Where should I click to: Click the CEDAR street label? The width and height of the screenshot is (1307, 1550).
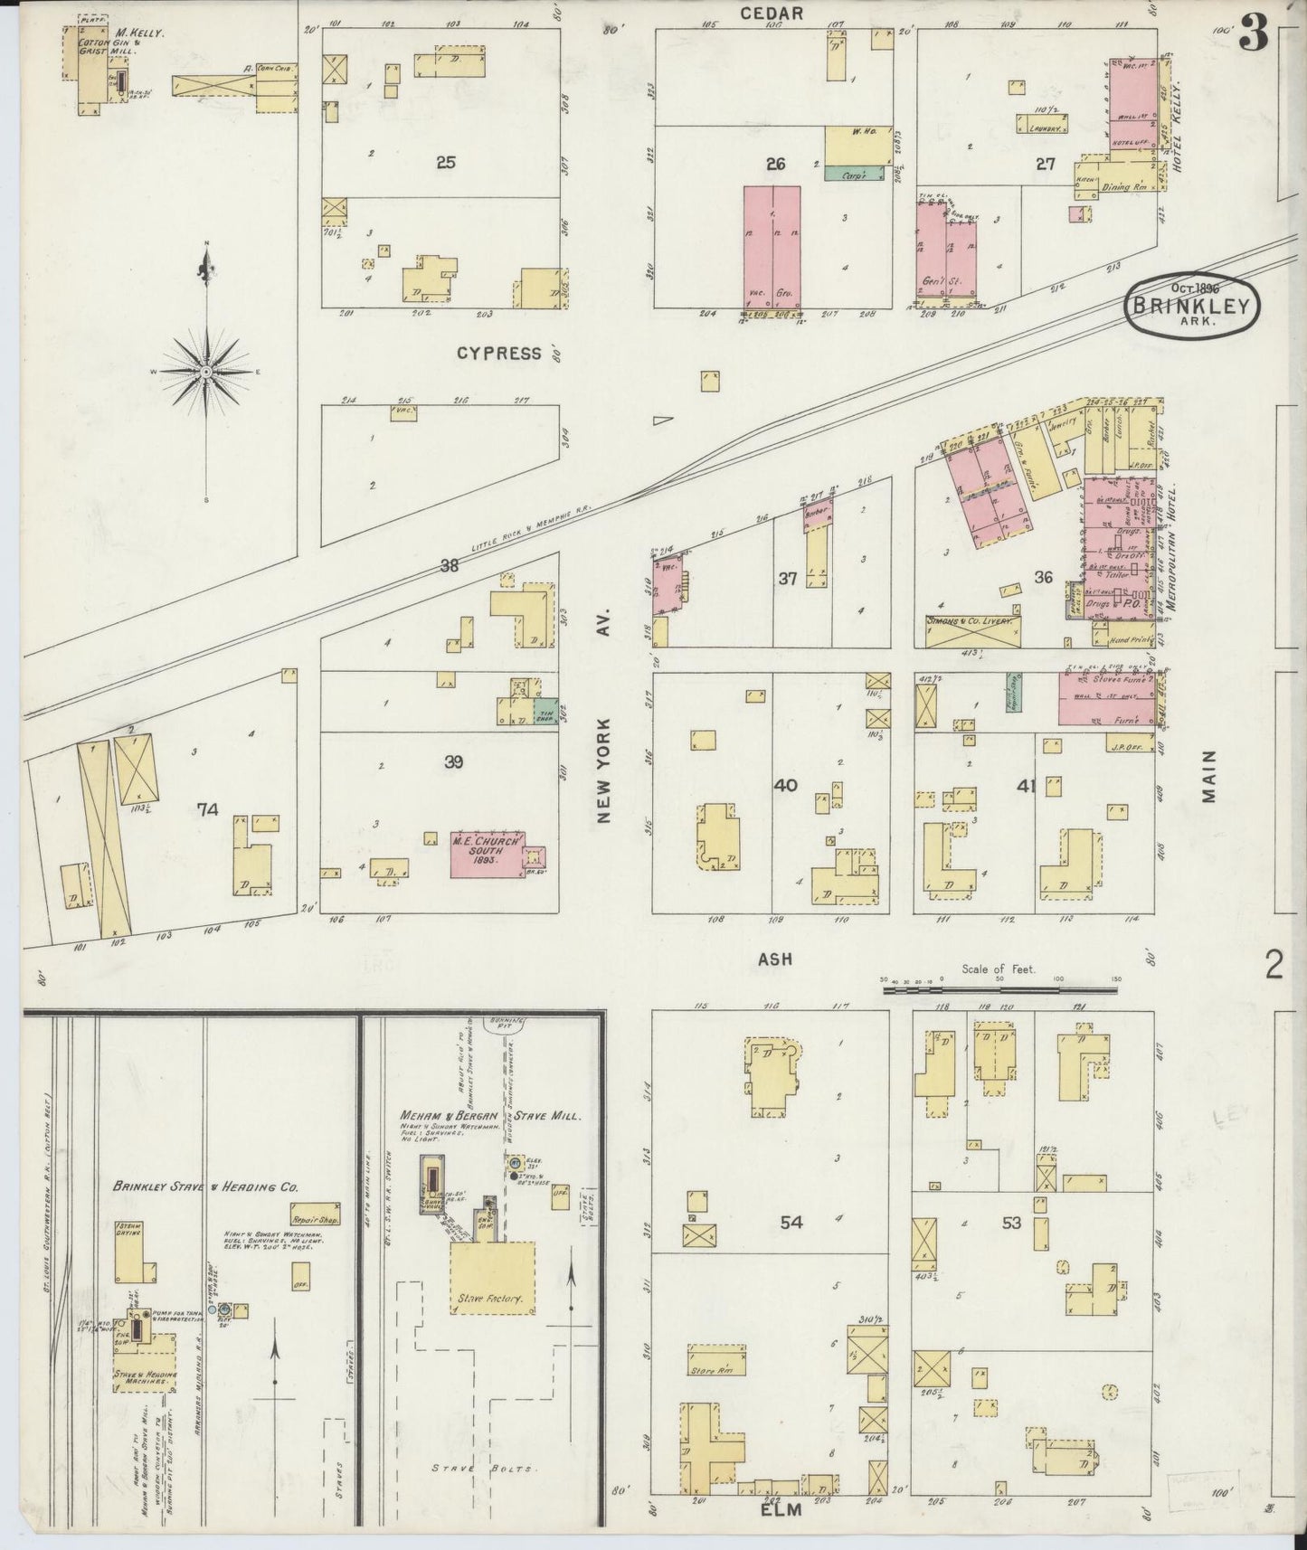click(x=772, y=13)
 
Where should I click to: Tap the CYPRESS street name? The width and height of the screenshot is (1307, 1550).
click(x=498, y=353)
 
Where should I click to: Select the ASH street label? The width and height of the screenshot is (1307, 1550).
click(x=775, y=959)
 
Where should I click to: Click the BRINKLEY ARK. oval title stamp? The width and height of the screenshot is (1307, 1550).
click(x=1190, y=305)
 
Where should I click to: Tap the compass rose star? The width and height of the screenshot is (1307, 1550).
click(x=207, y=372)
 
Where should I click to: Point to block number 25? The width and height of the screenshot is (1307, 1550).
click(x=445, y=163)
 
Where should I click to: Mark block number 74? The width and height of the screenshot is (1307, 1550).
click(x=208, y=810)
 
